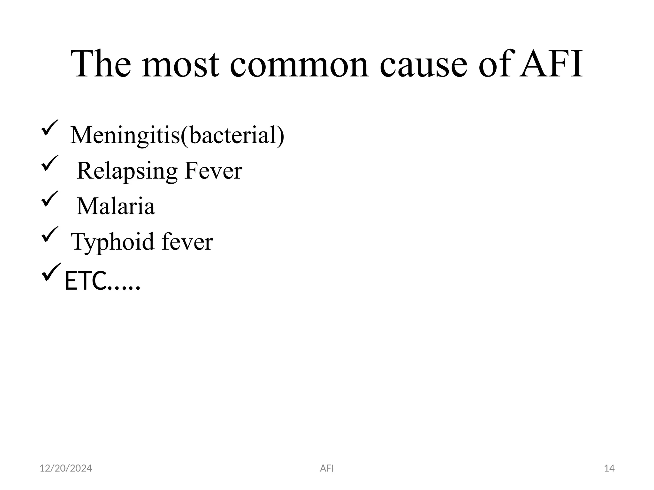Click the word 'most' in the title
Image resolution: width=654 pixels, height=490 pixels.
pyautogui.click(x=180, y=65)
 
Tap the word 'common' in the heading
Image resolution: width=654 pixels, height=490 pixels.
pyautogui.click(x=299, y=65)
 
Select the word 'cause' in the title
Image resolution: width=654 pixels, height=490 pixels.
pyautogui.click(x=423, y=65)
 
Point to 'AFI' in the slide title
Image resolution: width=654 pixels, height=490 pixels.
pyautogui.click(x=551, y=65)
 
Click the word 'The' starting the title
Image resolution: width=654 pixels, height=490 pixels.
pyautogui.click(x=101, y=65)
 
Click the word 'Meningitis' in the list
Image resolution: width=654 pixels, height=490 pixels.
pyautogui.click(x=125, y=135)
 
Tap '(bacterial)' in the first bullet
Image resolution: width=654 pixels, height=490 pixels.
pyautogui.click(x=232, y=135)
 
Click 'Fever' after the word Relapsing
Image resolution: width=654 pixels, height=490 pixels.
pyautogui.click(x=213, y=171)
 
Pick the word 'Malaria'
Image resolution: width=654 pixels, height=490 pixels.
pyautogui.click(x=116, y=206)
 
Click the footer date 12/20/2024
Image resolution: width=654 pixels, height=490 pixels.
pyautogui.click(x=66, y=468)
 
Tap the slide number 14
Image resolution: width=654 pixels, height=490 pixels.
pyautogui.click(x=609, y=468)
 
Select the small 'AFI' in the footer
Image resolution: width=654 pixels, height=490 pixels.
pyautogui.click(x=327, y=468)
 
